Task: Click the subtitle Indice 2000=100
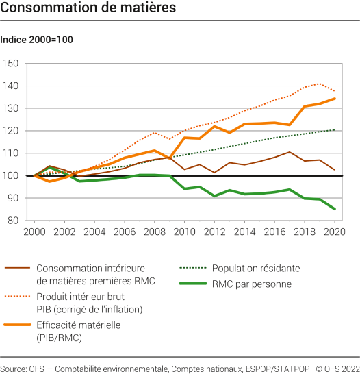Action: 36,40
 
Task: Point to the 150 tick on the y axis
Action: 11,64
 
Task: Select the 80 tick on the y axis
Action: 12,221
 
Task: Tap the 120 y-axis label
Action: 11,131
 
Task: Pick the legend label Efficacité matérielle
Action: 79,325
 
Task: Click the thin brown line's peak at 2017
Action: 290,152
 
